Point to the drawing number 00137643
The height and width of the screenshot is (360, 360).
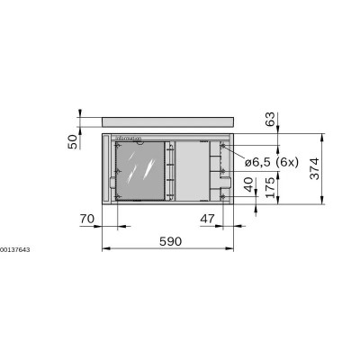[x=15, y=248]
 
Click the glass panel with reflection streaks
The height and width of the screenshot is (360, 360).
[x=142, y=170]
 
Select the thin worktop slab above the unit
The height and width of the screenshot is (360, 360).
[x=167, y=120]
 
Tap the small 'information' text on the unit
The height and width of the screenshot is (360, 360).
[x=130, y=138]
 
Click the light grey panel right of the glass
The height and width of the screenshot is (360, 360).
[x=191, y=170]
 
